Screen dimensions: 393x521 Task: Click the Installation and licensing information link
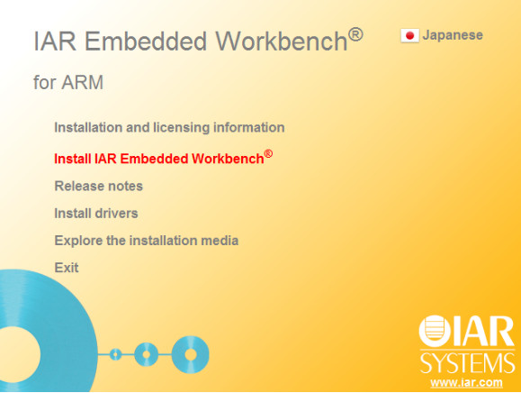169,128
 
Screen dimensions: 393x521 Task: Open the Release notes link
98,187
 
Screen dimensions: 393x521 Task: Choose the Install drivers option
95,214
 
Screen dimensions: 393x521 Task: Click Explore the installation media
146,241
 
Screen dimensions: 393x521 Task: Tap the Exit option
67,268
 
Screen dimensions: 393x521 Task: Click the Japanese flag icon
409,36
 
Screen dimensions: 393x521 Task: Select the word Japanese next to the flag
453,35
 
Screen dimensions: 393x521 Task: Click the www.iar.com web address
466,383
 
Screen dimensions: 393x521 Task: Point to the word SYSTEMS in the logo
467,363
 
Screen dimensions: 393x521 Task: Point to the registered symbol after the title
355,34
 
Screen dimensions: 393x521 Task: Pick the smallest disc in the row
115,352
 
